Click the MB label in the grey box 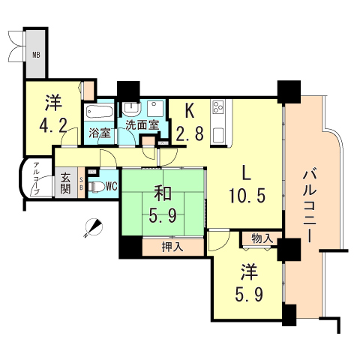click(x=35, y=54)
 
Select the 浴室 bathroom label click(x=100, y=133)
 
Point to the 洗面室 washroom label click(x=141, y=125)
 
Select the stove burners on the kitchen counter click(x=219, y=109)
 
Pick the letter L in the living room click(x=245, y=170)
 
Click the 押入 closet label click(x=171, y=245)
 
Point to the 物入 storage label click(x=261, y=238)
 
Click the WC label click(x=110, y=186)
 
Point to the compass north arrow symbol click(x=92, y=226)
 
